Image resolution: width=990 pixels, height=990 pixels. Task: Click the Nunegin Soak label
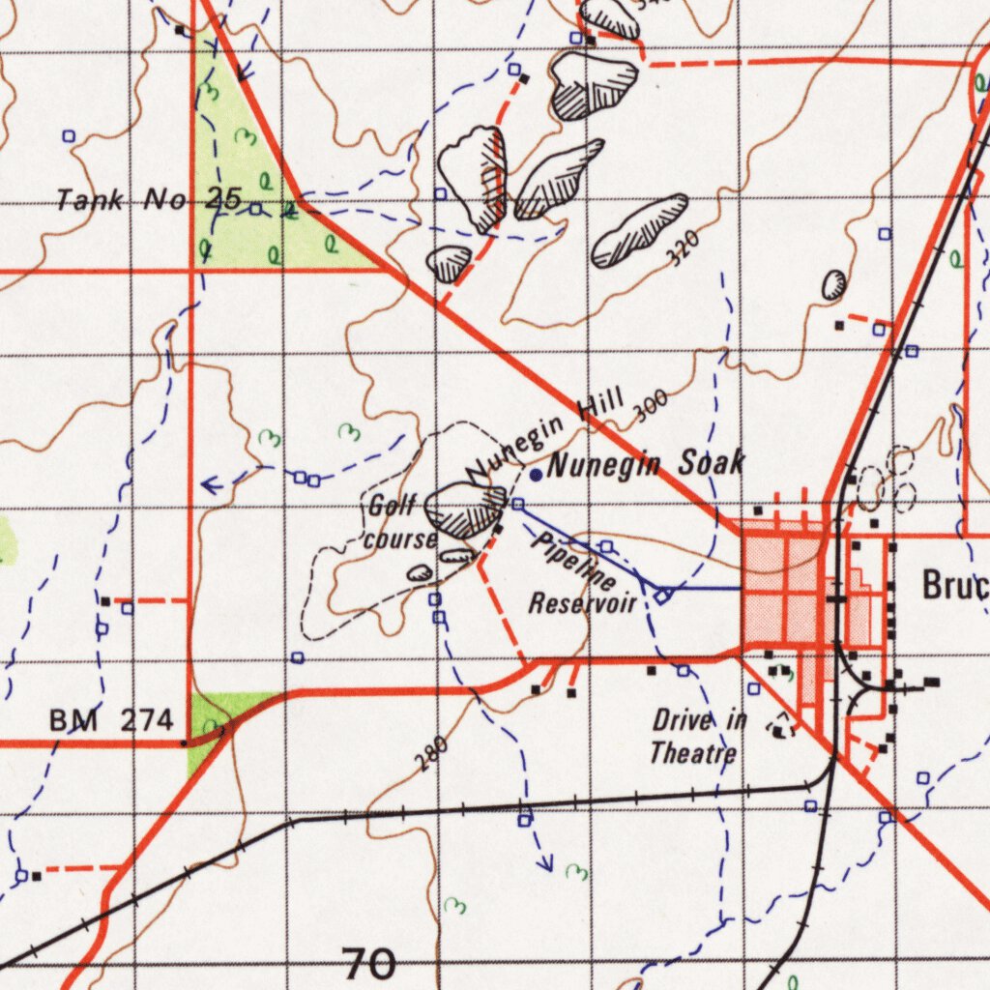(646, 465)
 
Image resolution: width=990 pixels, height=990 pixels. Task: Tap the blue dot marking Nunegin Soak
(536, 474)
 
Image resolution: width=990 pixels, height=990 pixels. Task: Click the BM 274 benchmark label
(111, 719)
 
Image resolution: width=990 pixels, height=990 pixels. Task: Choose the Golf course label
(399, 522)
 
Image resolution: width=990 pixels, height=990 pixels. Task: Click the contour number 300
(651, 409)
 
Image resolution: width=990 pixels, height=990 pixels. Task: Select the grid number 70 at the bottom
(369, 963)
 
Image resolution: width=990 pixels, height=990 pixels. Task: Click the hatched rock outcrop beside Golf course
(465, 510)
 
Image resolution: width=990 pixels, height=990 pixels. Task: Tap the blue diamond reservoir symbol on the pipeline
(662, 596)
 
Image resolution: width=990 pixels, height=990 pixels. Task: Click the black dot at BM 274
(183, 743)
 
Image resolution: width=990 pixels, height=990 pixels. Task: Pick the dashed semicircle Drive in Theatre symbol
(779, 727)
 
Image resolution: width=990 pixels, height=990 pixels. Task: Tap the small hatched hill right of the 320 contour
(833, 284)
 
